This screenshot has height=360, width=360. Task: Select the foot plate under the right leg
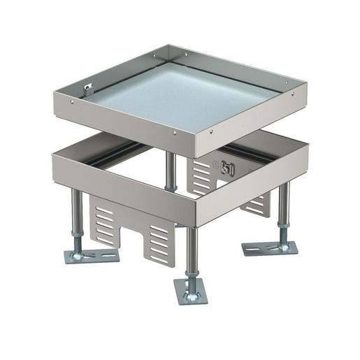270,247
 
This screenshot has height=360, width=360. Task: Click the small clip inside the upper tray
87,90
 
